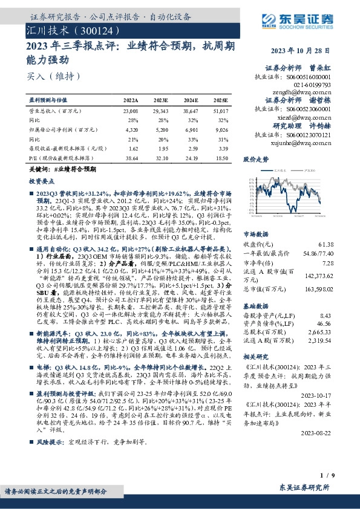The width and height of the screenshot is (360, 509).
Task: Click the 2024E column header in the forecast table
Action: point(191,100)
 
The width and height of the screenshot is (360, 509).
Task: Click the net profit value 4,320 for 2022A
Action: point(130,129)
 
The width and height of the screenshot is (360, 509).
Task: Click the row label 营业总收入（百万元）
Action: point(55,112)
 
